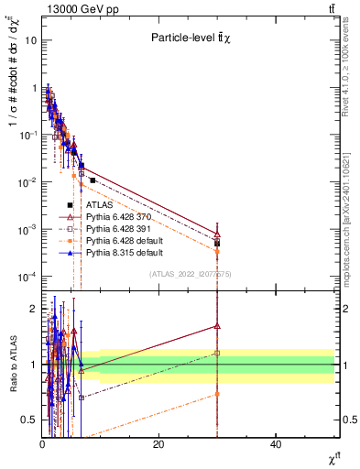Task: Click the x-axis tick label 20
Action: [158, 444]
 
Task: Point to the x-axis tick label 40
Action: [276, 444]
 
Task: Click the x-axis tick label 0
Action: [42, 444]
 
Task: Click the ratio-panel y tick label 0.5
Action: [29, 420]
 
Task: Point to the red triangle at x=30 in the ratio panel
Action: [217, 325]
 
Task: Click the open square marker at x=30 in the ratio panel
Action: [217, 353]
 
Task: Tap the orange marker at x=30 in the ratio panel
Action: [217, 394]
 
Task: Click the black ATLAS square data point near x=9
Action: [93, 180]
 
